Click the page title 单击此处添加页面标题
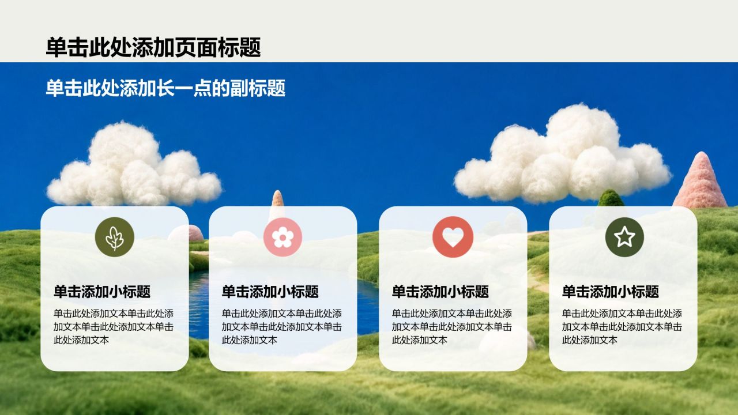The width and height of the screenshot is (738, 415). [153, 47]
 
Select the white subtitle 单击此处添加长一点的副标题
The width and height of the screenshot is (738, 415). [165, 88]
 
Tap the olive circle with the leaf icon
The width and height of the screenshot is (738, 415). [115, 237]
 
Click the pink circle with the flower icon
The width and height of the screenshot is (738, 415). [283, 237]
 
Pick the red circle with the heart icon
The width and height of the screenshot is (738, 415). [453, 237]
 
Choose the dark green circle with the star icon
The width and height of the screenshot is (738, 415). [624, 237]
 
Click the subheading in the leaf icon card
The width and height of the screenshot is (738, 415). [102, 292]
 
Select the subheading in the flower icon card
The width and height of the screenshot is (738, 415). [270, 292]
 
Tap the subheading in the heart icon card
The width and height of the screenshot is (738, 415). [440, 292]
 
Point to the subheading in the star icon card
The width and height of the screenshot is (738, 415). [611, 292]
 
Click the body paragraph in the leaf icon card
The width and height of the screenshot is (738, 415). [114, 327]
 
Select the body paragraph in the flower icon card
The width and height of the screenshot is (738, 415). [282, 327]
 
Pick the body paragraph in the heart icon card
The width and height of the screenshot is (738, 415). [452, 327]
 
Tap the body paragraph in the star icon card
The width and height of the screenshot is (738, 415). [622, 327]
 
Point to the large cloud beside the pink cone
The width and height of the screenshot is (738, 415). [562, 155]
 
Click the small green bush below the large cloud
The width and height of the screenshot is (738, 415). [611, 198]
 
